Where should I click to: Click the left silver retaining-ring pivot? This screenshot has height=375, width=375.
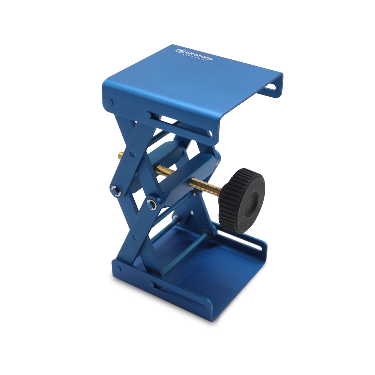click(x=115, y=190)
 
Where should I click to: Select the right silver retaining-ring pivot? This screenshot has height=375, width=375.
click(x=152, y=204)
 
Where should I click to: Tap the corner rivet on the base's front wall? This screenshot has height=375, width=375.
click(x=118, y=270)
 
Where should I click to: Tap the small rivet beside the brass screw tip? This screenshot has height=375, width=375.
click(x=132, y=154)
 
